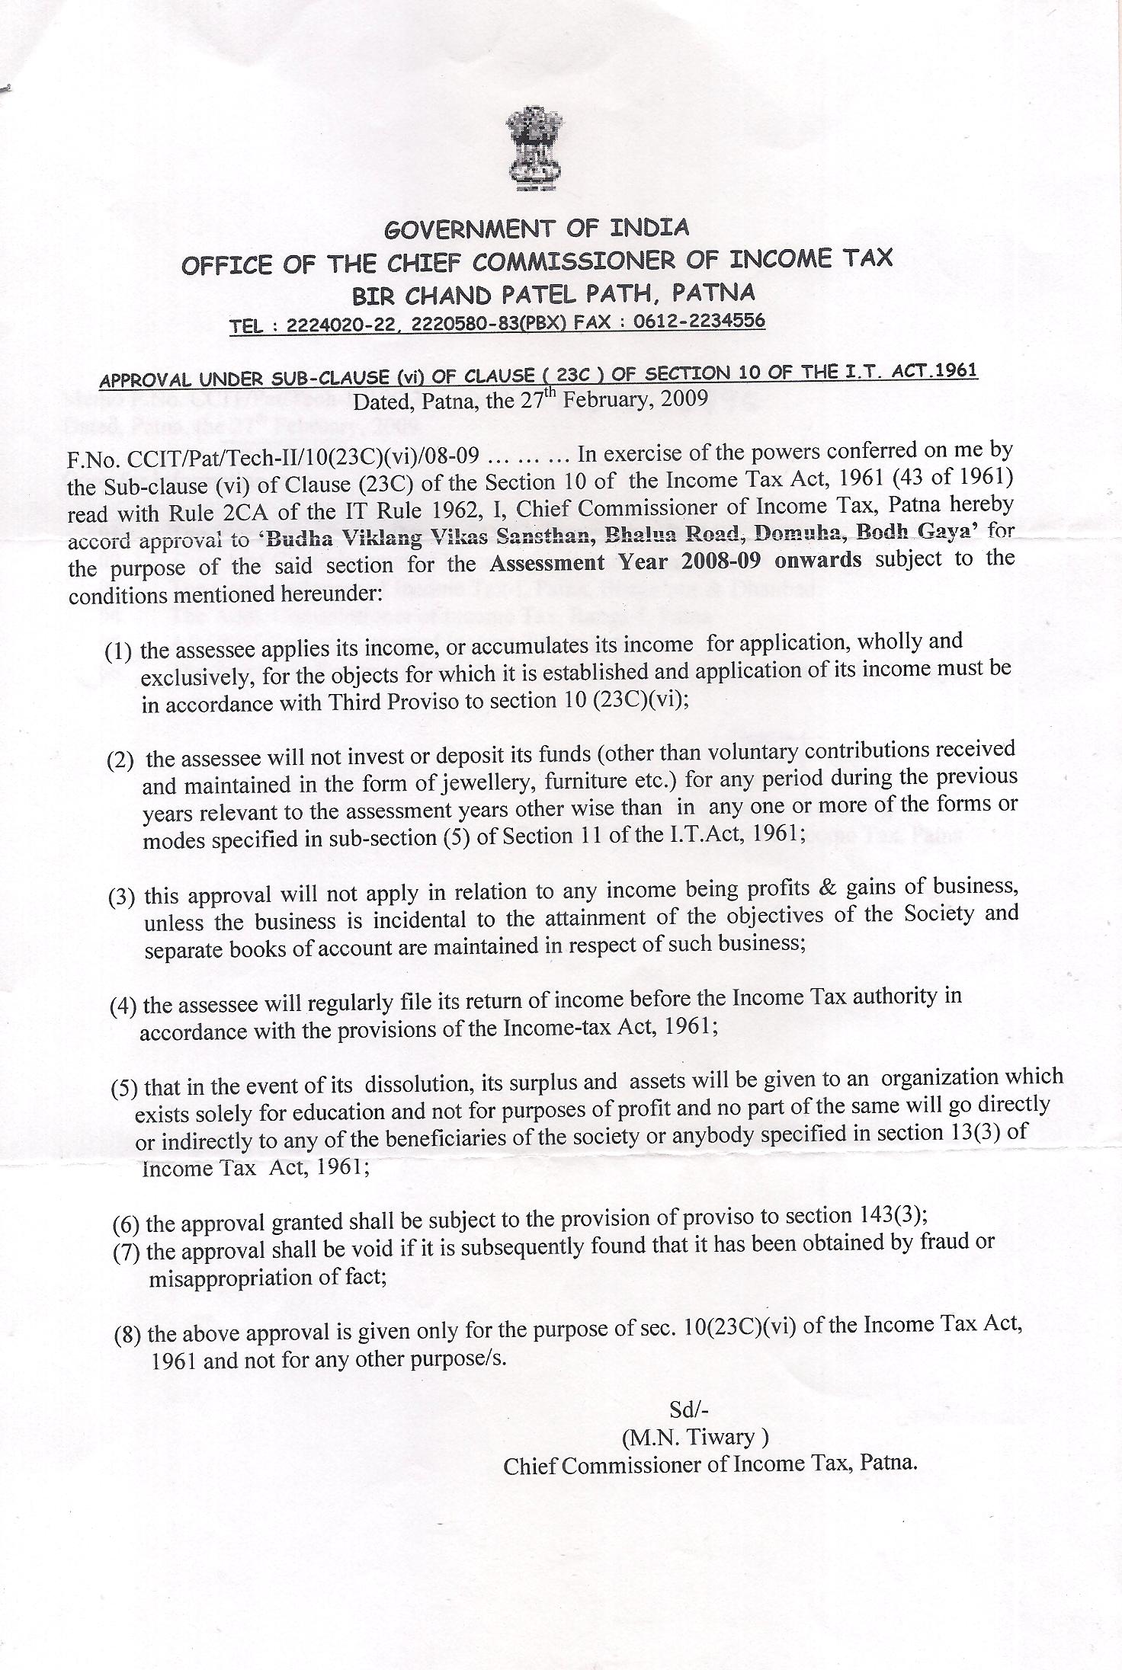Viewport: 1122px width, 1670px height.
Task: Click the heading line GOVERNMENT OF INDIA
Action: tap(537, 228)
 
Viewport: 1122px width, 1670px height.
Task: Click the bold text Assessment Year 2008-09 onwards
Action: tap(675, 561)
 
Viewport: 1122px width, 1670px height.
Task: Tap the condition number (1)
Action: tap(119, 651)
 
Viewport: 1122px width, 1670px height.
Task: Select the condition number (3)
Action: tap(122, 897)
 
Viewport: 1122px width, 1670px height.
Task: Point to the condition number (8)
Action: tap(127, 1335)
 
